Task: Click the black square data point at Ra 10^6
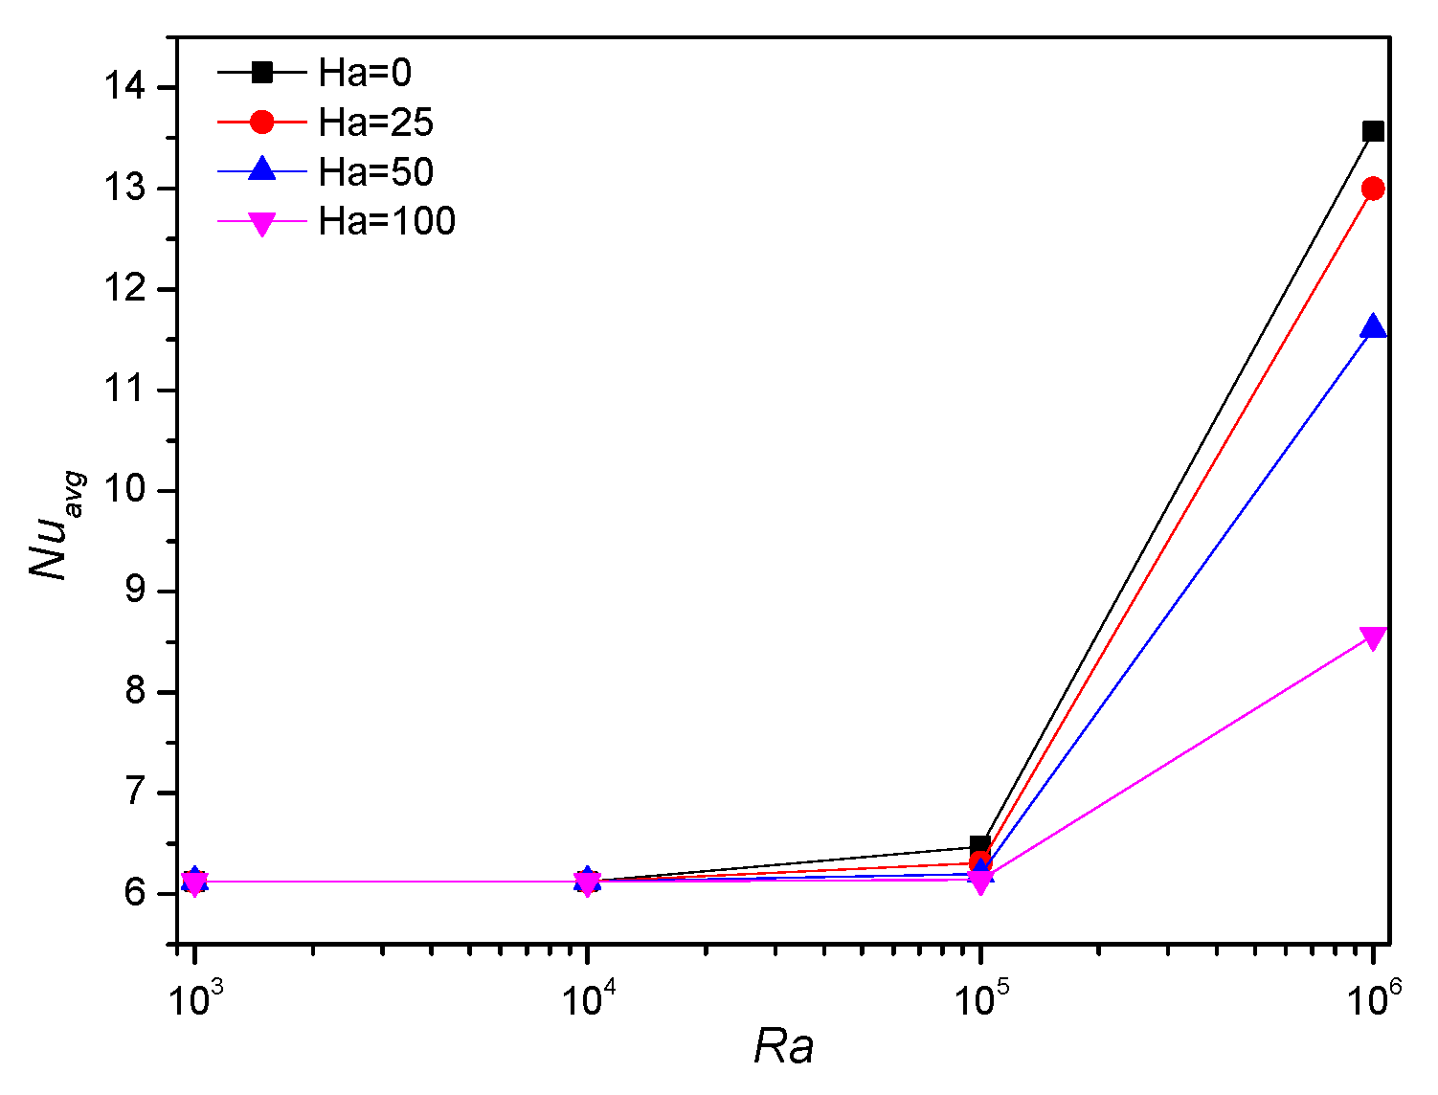click(x=1373, y=131)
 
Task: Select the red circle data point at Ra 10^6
click(x=1373, y=189)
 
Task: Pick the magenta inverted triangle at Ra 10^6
click(x=1373, y=637)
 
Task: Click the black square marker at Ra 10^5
click(x=979, y=845)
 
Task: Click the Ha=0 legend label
click(x=365, y=73)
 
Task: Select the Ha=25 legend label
click(x=376, y=123)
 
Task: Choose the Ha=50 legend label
click(x=376, y=172)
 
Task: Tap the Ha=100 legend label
click(x=388, y=222)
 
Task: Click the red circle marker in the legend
click(x=261, y=122)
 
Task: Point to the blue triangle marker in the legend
click(x=261, y=170)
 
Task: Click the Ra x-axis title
click(x=783, y=1046)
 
